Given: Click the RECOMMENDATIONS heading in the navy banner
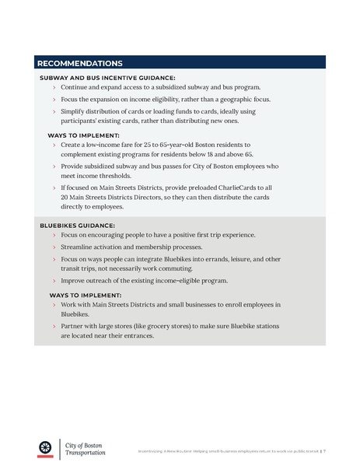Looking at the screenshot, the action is point(79,63).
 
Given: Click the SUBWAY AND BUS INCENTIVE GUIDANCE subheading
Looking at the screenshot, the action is point(107,78).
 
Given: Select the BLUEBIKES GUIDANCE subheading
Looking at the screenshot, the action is point(77,225).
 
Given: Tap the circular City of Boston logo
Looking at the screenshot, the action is point(45,447).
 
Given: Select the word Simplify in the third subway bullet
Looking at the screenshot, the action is point(77,112).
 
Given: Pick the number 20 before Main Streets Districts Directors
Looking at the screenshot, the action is point(65,198).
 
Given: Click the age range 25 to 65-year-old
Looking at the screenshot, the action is point(170,145).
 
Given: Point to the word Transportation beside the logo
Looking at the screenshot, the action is point(86,452).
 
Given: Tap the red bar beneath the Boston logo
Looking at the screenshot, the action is point(45,456).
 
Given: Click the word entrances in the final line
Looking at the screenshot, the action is point(134,337).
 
